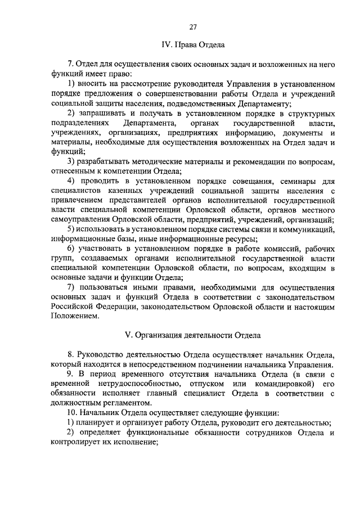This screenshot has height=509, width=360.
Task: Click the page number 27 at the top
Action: [x=193, y=27]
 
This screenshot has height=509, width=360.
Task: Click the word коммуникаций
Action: [x=307, y=229]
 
